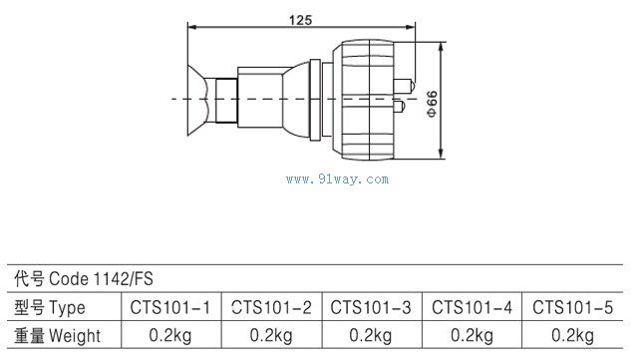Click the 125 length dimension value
(300, 20)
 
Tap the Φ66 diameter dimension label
(432, 104)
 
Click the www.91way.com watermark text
(337, 180)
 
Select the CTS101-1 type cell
(169, 307)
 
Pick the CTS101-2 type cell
(271, 307)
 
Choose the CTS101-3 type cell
(371, 307)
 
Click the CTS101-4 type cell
(472, 307)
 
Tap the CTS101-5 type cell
(572, 307)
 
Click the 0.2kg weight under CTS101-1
(169, 335)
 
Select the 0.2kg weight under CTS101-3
(371, 335)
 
